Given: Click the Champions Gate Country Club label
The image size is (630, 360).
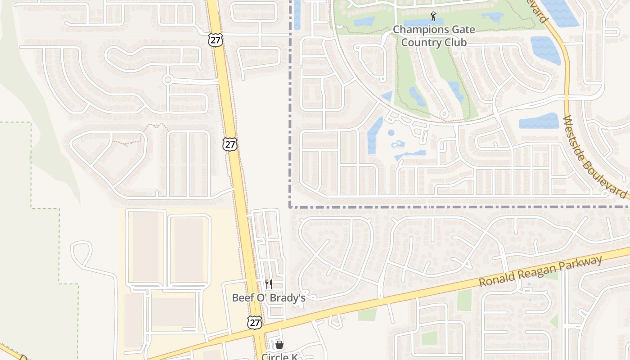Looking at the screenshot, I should point(434,36).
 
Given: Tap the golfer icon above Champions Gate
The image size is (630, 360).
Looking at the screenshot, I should point(433,17).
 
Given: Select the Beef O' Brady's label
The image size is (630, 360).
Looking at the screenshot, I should point(269,298).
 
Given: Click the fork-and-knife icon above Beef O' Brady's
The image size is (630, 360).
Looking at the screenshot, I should point(269,284).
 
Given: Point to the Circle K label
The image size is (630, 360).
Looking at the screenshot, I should point(280,356).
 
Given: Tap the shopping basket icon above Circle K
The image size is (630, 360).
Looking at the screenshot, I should point(279,345).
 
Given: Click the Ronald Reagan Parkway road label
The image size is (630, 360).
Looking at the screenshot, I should point(540,272).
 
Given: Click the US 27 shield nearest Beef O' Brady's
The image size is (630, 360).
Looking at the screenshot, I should point(255,322).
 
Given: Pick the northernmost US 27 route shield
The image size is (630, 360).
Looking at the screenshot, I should point(215,40).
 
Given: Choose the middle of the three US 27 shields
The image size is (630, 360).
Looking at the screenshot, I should point(230,144).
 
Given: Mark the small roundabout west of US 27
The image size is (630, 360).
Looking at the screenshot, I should point(168,80).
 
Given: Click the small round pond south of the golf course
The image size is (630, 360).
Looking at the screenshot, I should point(391,133).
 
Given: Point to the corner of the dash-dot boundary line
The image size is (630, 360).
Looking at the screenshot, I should point(291,207).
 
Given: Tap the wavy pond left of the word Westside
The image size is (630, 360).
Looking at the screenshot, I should point(539,121).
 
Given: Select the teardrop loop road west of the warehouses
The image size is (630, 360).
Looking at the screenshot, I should point(81,252).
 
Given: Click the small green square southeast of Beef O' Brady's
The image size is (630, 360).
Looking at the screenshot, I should point(429,337).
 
